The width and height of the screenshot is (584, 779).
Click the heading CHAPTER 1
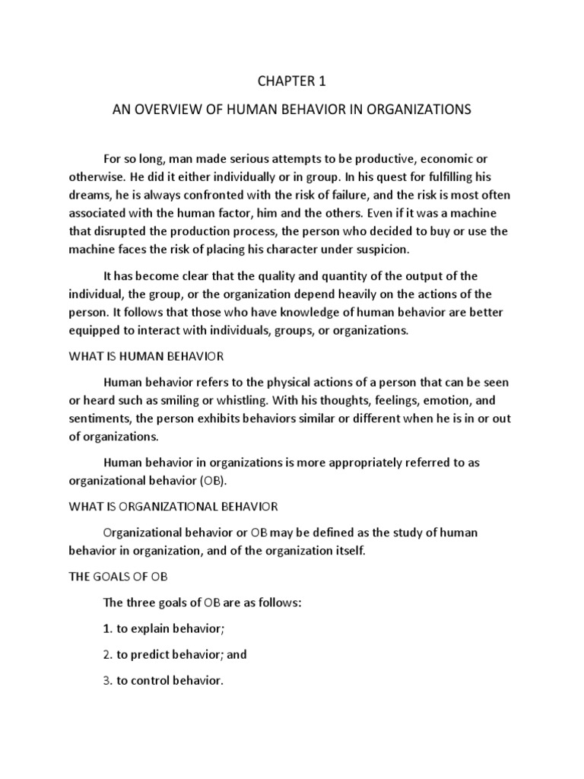pos(291,81)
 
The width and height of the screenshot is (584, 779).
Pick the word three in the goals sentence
pos(143,603)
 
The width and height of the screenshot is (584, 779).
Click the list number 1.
pos(107,629)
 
